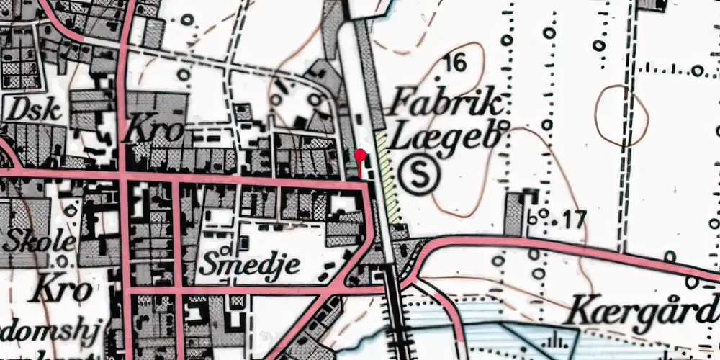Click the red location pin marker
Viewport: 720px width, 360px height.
361,154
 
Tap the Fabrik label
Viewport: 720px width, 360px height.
444,104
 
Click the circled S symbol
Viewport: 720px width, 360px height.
419,175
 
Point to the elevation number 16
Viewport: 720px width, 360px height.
456,63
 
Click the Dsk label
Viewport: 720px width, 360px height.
24,109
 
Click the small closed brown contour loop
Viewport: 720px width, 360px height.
622,114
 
